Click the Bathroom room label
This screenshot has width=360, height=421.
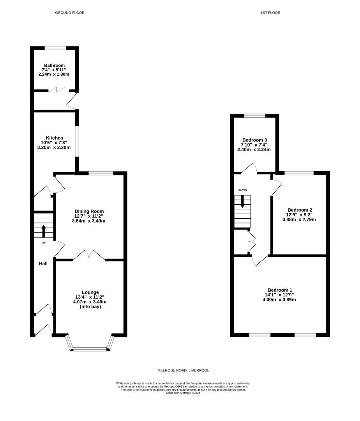pyautogui.click(x=54, y=65)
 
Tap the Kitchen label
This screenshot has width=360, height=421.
pyautogui.click(x=55, y=138)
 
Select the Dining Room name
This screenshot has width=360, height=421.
pyautogui.click(x=89, y=211)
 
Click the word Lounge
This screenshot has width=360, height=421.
pyautogui.click(x=90, y=292)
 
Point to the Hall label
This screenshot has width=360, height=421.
pyautogui.click(x=43, y=264)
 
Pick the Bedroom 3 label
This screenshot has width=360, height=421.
pyautogui.click(x=254, y=140)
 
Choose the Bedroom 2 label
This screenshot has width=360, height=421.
pyautogui.click(x=300, y=210)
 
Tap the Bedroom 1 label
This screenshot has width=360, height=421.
pyautogui.click(x=280, y=290)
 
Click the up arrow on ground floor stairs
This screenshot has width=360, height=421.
pyautogui.click(x=44, y=231)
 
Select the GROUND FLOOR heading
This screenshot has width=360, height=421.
pyautogui.click(x=70, y=12)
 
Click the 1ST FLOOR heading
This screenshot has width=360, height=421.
pyautogui.click(x=270, y=12)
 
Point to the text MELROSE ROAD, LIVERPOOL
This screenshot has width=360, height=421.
pyautogui.click(x=183, y=370)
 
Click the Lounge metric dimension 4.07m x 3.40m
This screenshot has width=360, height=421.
pyautogui.click(x=90, y=302)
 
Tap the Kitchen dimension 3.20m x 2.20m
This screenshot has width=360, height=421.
pyautogui.click(x=54, y=147)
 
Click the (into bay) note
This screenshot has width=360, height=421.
pyautogui.click(x=90, y=307)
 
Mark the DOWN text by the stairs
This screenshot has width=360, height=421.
pyautogui.click(x=242, y=190)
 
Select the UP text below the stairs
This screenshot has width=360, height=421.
pyautogui.click(x=44, y=243)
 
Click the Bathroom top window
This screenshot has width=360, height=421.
pyautogui.click(x=55, y=48)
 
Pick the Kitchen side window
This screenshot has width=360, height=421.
pyautogui.click(x=77, y=141)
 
